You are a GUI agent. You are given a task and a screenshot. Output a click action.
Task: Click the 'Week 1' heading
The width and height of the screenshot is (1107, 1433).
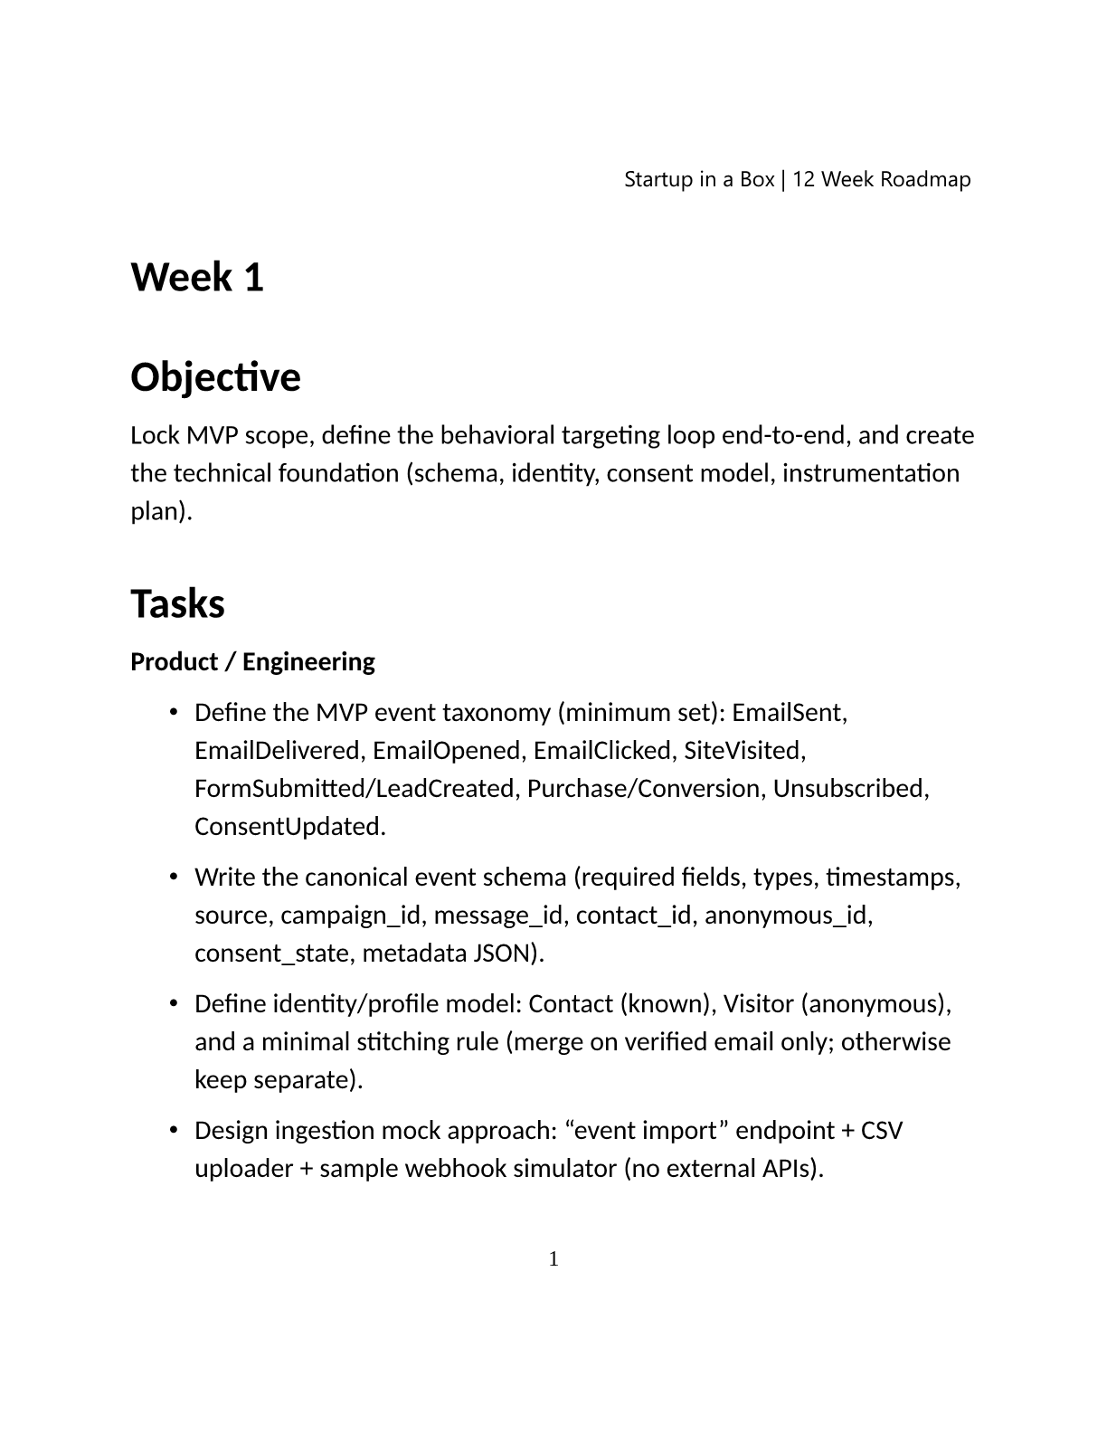click(x=197, y=277)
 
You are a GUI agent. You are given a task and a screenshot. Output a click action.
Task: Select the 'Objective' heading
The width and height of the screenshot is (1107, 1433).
click(x=215, y=377)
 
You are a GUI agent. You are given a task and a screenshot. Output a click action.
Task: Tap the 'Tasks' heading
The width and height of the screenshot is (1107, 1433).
click(x=177, y=603)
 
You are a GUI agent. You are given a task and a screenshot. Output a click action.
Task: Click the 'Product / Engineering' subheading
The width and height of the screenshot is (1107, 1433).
click(x=252, y=662)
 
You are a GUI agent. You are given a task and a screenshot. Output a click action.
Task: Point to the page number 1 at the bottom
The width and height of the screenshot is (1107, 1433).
click(x=553, y=1258)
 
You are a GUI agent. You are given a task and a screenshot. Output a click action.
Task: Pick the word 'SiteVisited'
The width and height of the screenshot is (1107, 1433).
click(x=743, y=751)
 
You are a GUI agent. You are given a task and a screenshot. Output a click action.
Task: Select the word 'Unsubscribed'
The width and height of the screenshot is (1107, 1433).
click(x=850, y=789)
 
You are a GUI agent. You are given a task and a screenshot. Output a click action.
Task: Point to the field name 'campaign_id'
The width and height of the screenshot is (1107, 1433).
click(x=353, y=916)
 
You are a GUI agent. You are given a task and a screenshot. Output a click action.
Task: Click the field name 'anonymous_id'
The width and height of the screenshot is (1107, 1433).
click(x=788, y=916)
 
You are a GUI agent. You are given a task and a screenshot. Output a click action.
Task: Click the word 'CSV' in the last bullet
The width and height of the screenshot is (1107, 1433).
click(x=881, y=1131)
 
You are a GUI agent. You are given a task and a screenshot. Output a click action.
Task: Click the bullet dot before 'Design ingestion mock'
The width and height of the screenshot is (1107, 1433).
click(x=173, y=1131)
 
